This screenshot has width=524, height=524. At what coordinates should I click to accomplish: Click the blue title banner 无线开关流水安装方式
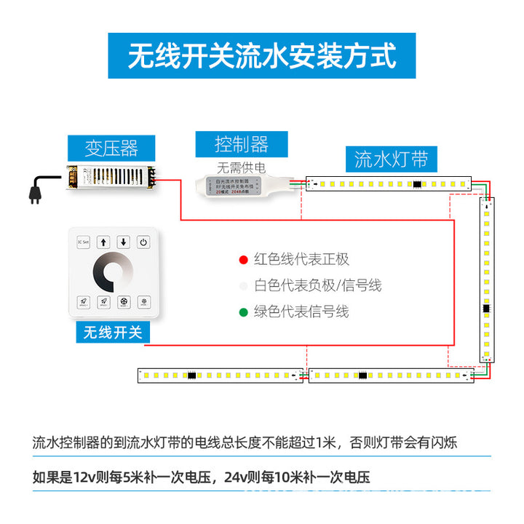262,55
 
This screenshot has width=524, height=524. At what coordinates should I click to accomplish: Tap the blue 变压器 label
111,148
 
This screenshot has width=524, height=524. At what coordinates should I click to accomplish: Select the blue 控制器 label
242,143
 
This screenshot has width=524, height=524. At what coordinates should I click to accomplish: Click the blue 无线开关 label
113,333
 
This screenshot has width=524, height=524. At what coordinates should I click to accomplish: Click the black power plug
35,192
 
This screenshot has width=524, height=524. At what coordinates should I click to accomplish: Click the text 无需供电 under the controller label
241,167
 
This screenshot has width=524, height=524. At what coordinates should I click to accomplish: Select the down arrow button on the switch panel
124,242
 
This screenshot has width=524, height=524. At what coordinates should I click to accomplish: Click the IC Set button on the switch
82,242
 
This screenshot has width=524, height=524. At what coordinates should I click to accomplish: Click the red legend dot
243,260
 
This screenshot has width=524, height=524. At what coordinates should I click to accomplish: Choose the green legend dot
243,312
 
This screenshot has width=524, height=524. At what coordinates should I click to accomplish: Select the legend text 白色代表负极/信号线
317,286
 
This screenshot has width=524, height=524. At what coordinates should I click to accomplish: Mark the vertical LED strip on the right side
486,280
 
